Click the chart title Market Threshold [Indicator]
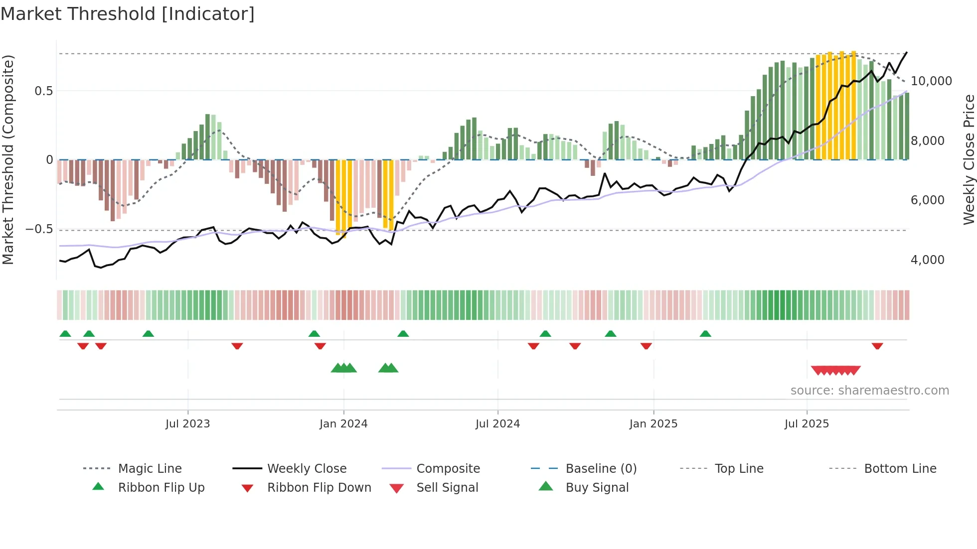(x=128, y=14)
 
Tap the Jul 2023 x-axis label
(x=187, y=424)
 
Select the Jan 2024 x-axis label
(x=343, y=424)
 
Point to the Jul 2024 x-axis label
(x=497, y=424)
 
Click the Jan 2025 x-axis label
(x=653, y=424)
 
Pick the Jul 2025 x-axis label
(x=807, y=424)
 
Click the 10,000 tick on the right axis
(x=931, y=81)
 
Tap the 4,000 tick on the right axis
(x=927, y=260)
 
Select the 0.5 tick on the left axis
(x=43, y=91)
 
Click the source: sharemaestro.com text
(x=869, y=391)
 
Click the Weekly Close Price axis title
(x=969, y=159)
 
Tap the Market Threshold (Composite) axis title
(x=8, y=159)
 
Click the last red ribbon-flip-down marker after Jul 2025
(x=877, y=346)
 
